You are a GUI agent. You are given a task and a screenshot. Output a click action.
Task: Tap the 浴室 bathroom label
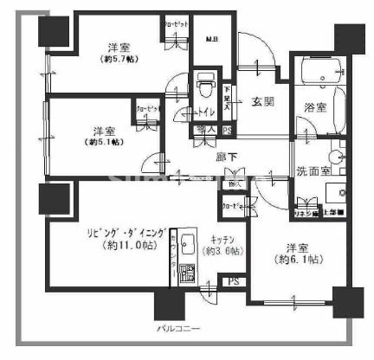coord(316,108)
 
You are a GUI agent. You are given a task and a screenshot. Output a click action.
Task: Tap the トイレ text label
coord(208,112)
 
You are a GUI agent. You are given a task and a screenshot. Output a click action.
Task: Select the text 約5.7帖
coord(119,60)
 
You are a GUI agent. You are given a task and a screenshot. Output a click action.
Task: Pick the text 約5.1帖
coord(103,142)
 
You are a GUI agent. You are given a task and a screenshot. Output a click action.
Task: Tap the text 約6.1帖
coord(296,259)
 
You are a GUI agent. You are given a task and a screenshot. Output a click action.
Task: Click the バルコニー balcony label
coord(179,330)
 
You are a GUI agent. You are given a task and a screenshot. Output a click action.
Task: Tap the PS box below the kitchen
coord(233,281)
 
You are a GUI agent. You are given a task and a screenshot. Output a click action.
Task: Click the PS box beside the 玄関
coord(228,131)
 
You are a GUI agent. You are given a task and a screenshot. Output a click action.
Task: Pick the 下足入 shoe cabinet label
coord(228,95)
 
